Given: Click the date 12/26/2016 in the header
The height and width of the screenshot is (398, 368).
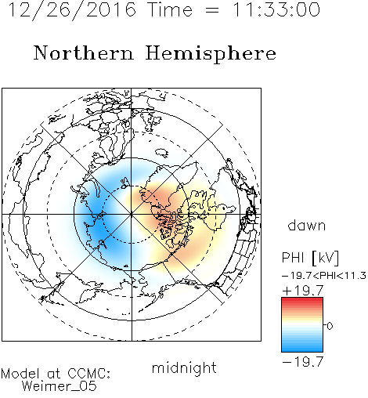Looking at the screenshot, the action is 72,10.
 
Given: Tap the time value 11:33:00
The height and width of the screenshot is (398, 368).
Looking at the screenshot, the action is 276,9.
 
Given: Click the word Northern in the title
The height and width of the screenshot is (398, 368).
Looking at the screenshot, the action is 84,53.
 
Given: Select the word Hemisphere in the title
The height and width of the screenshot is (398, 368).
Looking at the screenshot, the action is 211,54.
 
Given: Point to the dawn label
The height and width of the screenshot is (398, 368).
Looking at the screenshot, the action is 307,225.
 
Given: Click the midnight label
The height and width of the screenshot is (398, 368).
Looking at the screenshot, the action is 184,368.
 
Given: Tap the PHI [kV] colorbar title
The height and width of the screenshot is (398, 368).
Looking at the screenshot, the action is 310,258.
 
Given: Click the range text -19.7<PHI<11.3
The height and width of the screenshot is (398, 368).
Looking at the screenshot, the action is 324,276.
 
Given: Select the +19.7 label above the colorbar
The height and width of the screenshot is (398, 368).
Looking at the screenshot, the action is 303,291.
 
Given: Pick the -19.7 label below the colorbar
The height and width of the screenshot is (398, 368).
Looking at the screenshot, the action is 303,362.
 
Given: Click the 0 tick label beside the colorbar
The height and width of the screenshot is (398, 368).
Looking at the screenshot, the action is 330,326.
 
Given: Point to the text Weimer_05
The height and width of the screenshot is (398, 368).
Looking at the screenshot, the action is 60,385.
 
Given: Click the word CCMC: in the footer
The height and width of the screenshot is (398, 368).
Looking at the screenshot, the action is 89,374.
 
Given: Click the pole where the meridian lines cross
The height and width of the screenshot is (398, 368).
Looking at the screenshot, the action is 132,215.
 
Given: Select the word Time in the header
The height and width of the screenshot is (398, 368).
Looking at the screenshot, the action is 170,9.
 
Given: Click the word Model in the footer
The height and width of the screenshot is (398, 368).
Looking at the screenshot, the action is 20,374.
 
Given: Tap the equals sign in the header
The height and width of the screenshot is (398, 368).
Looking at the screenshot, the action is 212,10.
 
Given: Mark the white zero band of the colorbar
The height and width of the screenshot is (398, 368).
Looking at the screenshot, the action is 302,325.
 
